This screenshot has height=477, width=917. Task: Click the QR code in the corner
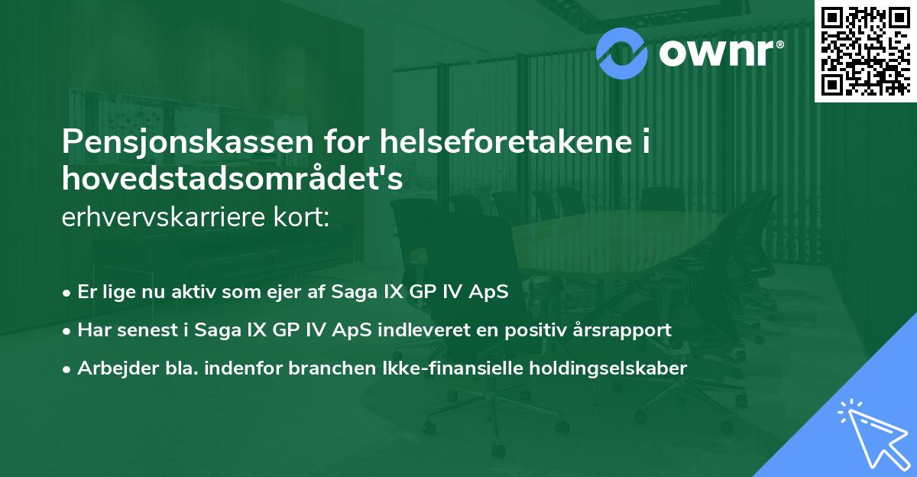coord(866,50)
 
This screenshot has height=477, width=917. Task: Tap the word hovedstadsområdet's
coord(232,177)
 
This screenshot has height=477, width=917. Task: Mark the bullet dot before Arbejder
coord(67,368)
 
